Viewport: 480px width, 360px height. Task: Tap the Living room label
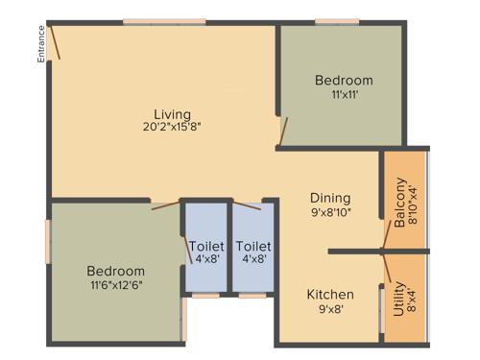[173, 113]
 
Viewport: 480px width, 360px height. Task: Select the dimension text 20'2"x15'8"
[173, 126]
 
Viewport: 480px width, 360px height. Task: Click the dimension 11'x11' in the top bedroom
[343, 95]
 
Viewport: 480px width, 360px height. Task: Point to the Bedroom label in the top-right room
[344, 81]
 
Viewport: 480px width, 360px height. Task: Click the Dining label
[329, 199]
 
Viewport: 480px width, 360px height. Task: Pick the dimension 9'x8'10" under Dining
[329, 213]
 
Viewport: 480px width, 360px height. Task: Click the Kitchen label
[330, 294]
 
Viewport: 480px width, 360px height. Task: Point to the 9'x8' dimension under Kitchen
[330, 309]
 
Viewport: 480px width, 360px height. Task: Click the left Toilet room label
[206, 246]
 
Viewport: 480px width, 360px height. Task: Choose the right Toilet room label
[253, 246]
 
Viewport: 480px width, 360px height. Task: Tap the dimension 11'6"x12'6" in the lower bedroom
[116, 286]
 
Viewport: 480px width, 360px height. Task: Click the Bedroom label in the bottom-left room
[116, 272]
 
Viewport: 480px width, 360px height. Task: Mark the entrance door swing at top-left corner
[57, 42]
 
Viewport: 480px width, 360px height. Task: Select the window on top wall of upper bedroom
[337, 21]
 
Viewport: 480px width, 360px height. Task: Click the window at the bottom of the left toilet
[205, 296]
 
